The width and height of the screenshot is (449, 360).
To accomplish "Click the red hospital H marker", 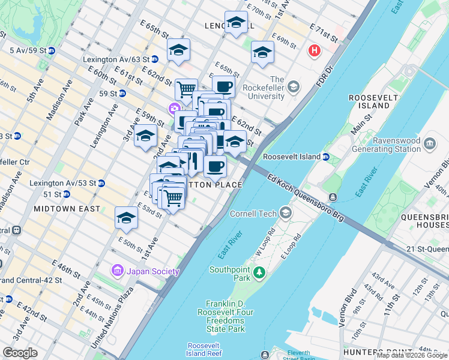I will point(314,51).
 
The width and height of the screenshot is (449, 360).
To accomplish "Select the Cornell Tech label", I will point(259,213).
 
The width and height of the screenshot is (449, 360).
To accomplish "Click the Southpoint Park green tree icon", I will point(259,273).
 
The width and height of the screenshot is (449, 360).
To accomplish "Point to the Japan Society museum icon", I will point(118,271).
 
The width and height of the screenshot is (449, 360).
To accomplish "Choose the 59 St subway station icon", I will point(122,94).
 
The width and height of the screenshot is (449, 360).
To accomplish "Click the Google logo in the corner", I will point(20,353).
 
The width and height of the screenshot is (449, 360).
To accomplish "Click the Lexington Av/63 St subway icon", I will point(155,59).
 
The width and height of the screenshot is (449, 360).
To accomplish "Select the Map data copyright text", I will point(412,355).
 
